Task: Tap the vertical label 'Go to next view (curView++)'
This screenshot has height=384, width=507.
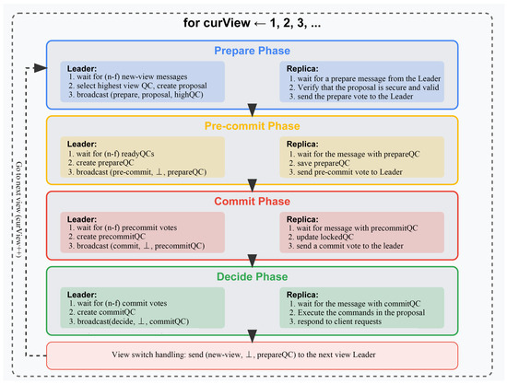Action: [x=20, y=212]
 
